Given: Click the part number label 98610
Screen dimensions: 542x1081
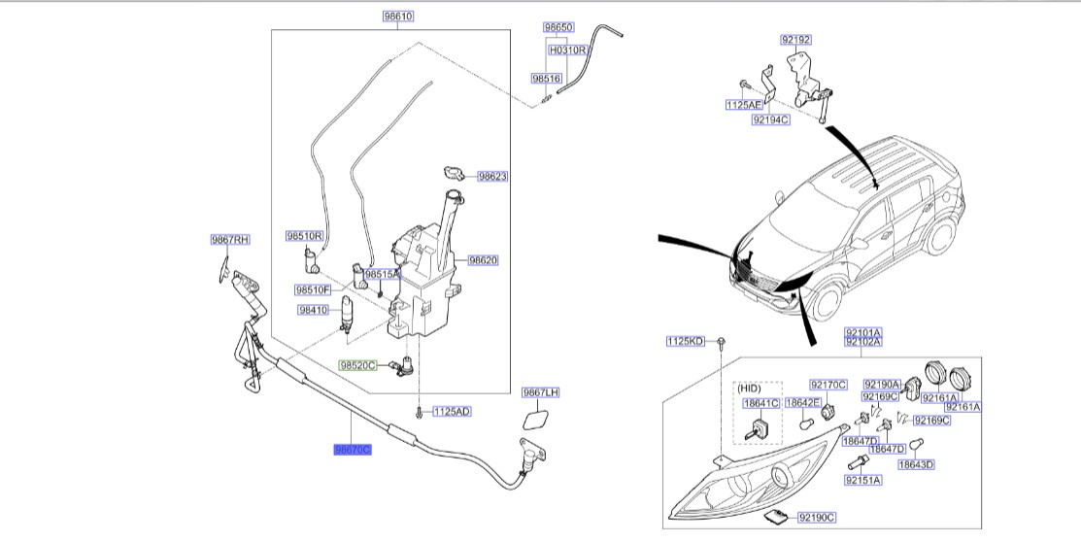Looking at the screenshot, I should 398,17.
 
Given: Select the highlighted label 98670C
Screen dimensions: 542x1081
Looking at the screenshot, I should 353,450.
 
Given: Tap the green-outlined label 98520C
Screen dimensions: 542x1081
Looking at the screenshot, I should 356,365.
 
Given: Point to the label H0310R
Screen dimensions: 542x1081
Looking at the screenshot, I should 568,50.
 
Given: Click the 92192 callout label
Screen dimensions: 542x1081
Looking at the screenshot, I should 795,40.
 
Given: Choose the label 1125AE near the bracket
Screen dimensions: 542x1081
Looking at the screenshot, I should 743,104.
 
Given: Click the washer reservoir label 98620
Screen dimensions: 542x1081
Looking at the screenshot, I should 483,260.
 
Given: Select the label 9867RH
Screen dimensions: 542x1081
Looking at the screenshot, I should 230,239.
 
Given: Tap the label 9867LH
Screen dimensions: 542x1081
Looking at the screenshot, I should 541,392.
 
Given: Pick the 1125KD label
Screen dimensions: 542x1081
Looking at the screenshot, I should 685,341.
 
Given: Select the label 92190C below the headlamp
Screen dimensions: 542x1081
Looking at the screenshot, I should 816,518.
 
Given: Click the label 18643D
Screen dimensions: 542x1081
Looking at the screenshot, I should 915,464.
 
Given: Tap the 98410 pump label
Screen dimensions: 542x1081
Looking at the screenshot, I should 315,309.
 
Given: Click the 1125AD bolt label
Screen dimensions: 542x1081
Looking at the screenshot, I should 452,412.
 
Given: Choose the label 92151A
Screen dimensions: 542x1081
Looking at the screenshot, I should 862,480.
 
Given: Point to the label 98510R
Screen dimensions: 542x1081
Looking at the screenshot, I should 303,235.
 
